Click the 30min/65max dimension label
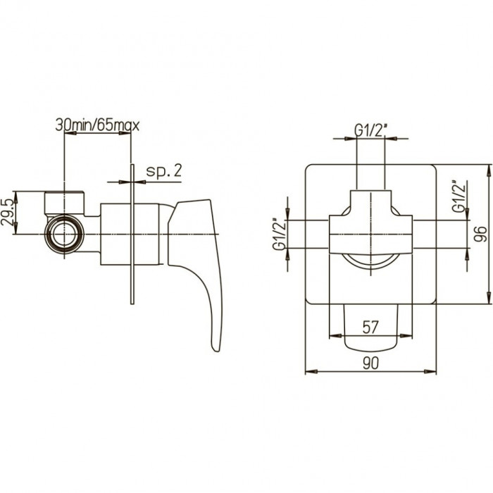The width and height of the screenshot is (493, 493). pos(97,125)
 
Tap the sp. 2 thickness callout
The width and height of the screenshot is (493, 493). pos(164,171)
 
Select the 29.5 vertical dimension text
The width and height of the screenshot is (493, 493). pos(7,212)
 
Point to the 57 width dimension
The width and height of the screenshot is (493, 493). pos(370,327)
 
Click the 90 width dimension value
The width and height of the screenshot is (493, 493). pos(370,363)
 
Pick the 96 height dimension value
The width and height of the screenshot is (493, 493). pos(480,234)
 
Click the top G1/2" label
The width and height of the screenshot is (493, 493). pos(370,130)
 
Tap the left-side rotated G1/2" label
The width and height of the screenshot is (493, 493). pos(279,234)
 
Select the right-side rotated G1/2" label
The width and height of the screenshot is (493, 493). pos(458,196)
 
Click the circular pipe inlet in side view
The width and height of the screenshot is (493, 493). pos(65,234)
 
